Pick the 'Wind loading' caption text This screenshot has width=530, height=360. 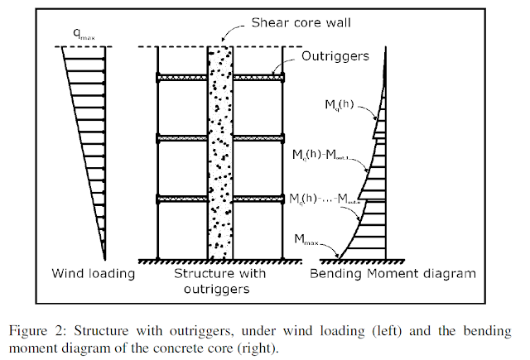[x=94, y=273]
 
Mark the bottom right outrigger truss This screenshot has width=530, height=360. [x=258, y=199]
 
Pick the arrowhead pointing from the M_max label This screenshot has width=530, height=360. [x=339, y=254]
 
